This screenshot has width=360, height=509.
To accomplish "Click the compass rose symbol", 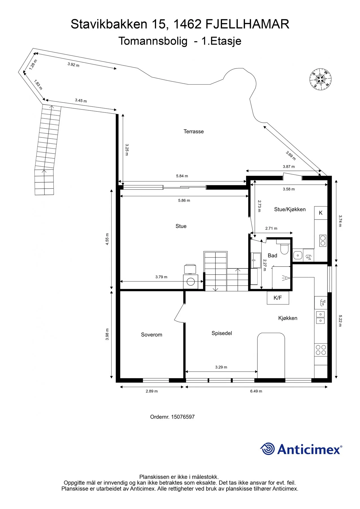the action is click(320, 79).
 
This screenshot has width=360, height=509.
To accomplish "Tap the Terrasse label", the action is click(194, 131).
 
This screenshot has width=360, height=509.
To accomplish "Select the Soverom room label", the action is click(152, 335).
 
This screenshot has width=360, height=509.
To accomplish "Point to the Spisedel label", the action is click(222, 333).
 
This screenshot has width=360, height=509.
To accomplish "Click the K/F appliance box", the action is click(278, 298).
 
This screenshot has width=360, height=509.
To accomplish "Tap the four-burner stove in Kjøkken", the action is click(321, 350).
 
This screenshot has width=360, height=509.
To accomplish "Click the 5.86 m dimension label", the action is click(184, 200).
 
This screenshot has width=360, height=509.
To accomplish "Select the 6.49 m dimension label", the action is click(256, 391).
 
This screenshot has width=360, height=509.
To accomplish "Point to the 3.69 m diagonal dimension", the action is click(291, 156).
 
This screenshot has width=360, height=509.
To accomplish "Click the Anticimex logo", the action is click(301, 449).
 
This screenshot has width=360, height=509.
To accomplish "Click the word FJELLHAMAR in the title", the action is click(247, 24).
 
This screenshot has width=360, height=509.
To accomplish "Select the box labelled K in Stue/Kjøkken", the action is click(321, 213).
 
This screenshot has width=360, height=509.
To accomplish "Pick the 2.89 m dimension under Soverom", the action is click(152, 391).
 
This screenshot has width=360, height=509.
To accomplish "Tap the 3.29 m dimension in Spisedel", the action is click(221, 367).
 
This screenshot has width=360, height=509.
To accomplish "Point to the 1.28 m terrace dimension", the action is click(33, 65).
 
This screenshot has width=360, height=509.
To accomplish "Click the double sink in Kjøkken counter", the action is click(320, 317).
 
